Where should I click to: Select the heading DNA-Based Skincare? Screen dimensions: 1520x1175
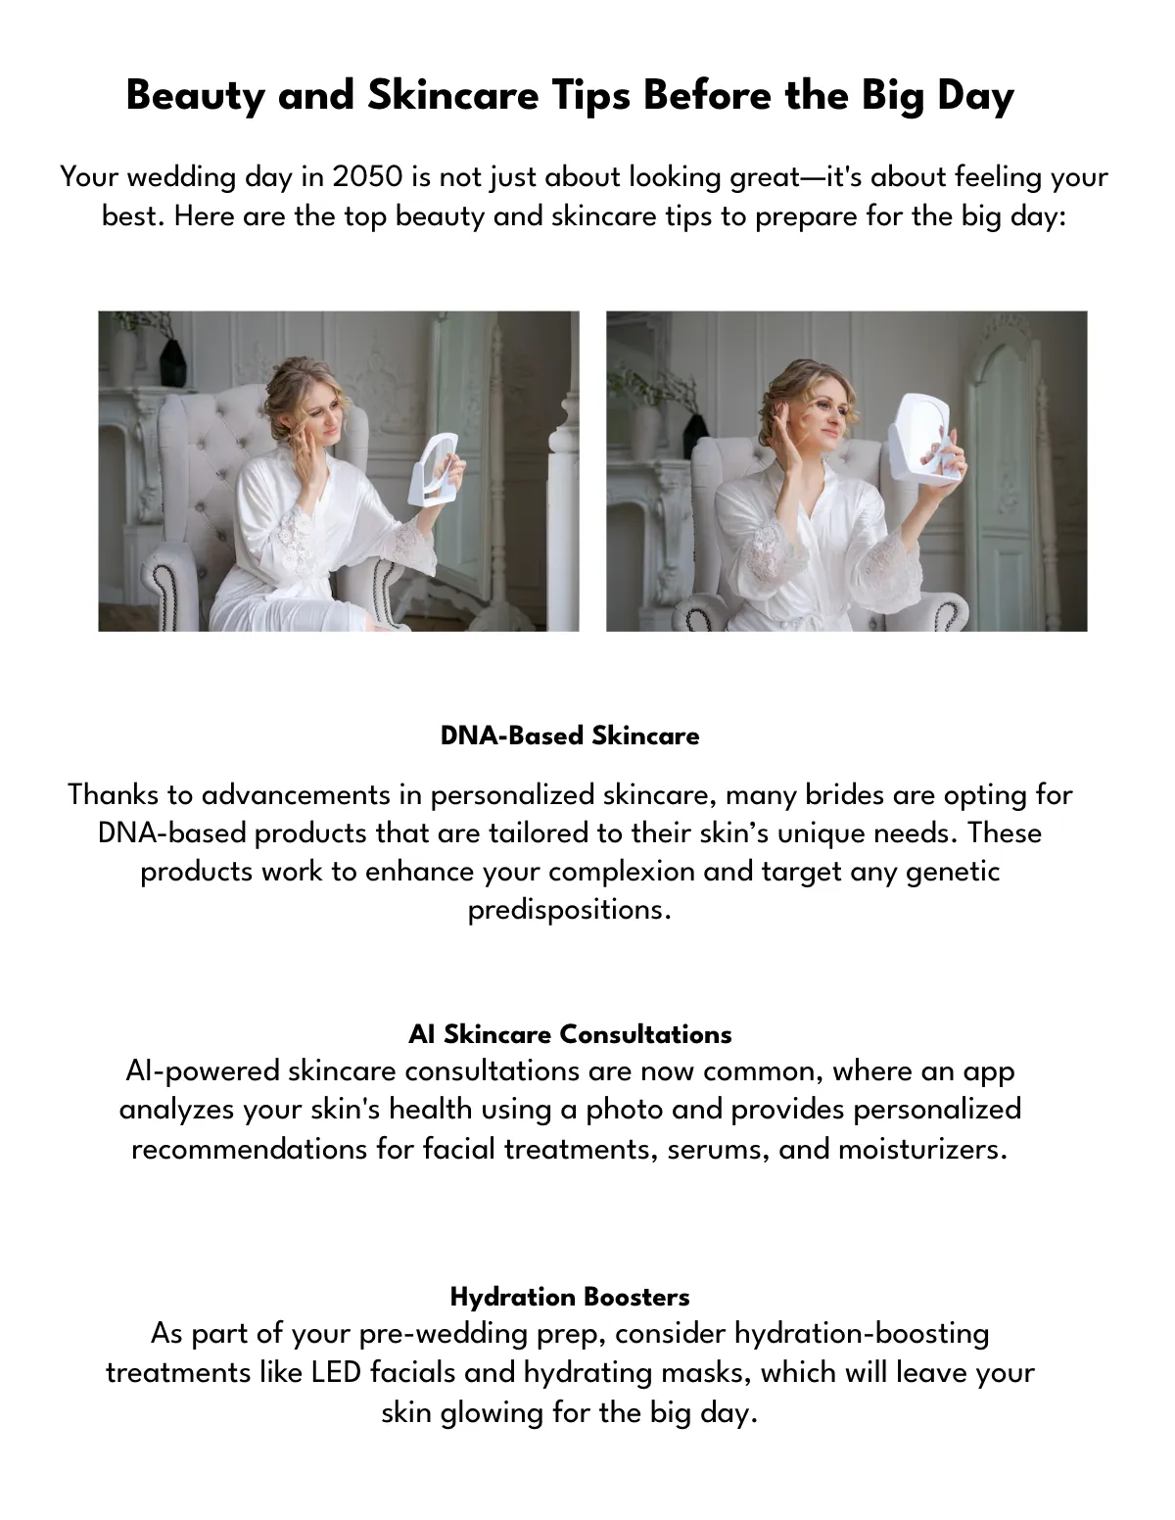pos(570,736)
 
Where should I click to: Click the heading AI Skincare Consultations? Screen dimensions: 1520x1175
pos(570,1034)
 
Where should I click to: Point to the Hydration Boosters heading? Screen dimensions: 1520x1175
pos(570,1297)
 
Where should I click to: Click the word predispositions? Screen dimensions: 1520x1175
pos(569,910)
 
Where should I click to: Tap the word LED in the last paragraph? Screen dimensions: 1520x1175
pos(337,1372)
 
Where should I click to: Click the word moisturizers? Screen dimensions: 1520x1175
pos(922,1149)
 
